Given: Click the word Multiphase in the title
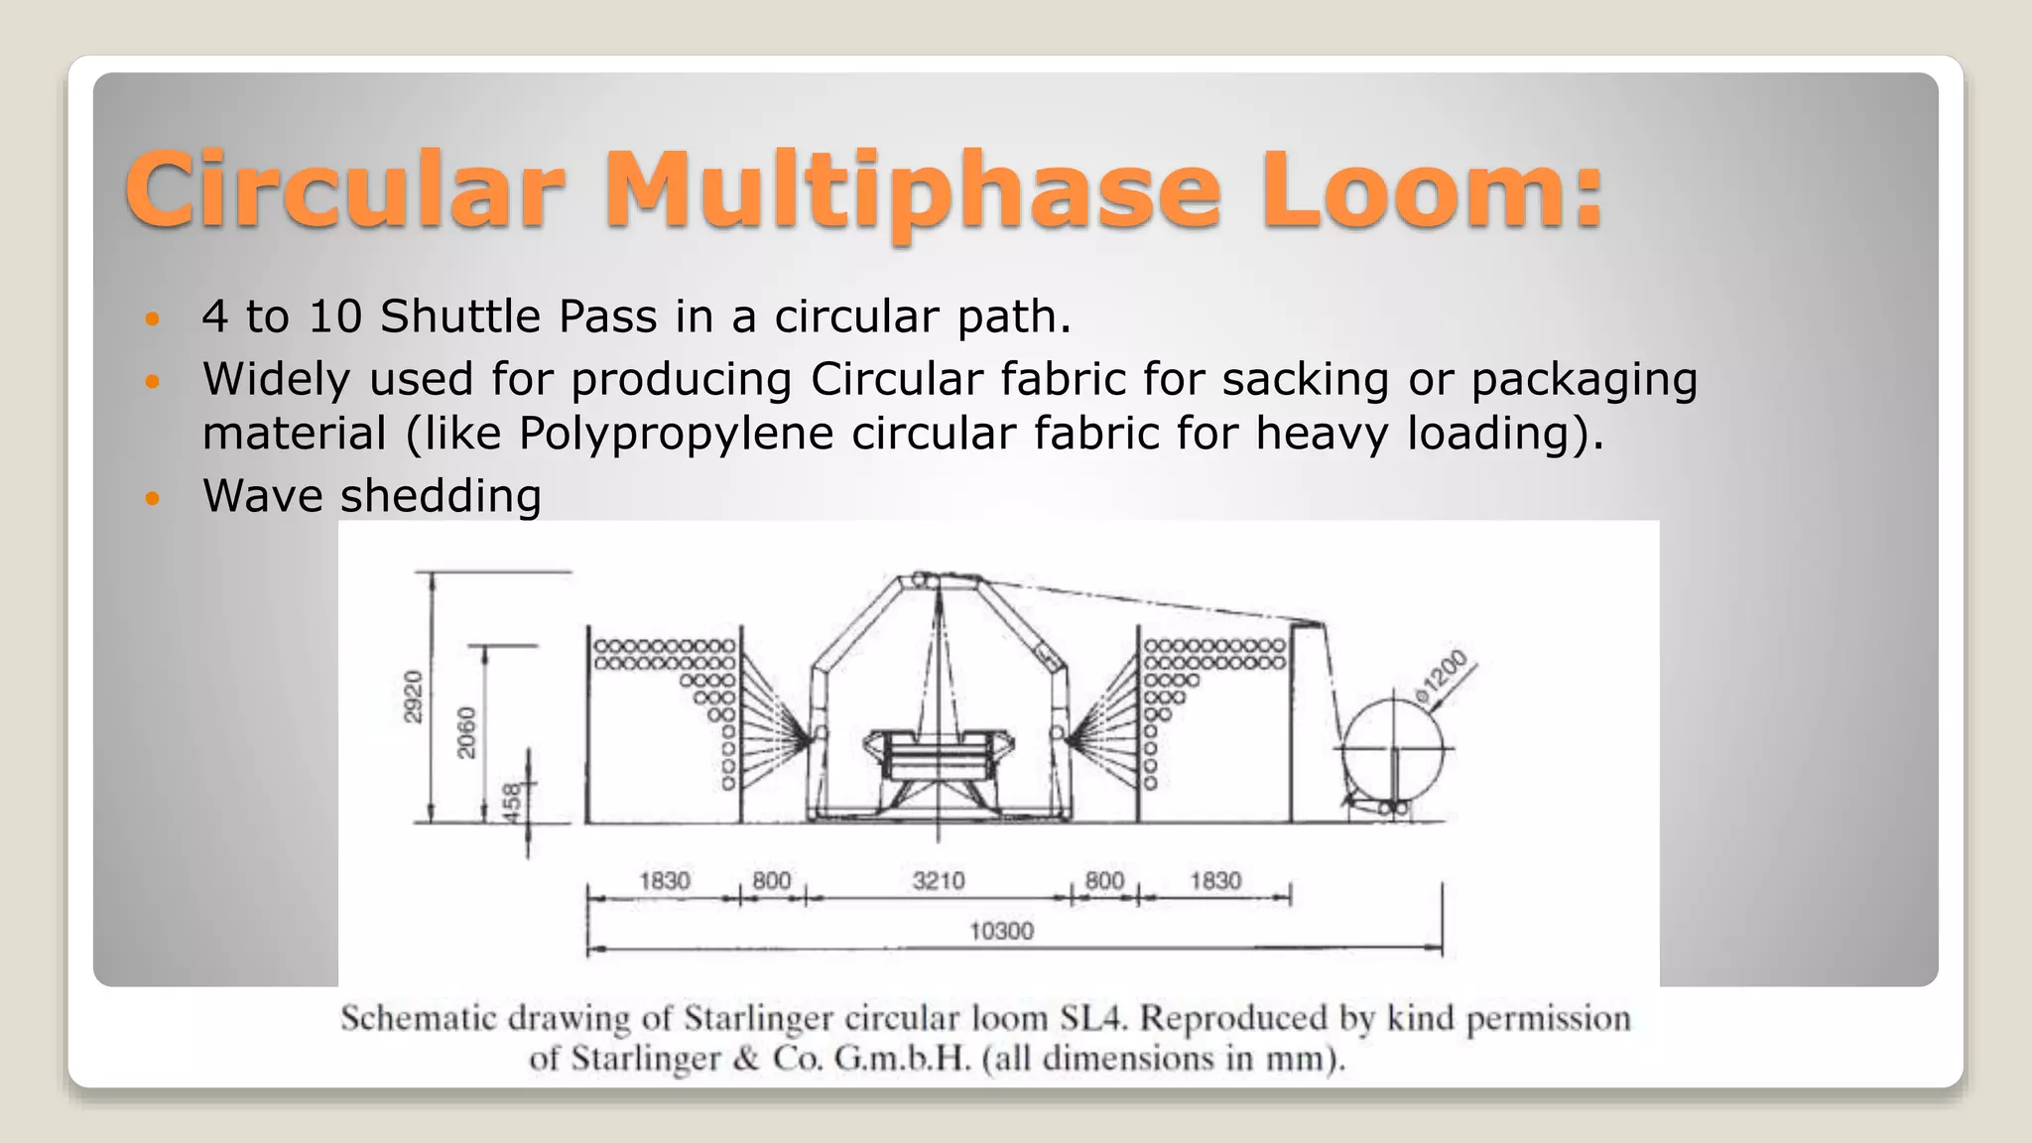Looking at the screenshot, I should click(x=911, y=190).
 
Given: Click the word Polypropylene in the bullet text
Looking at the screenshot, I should click(x=675, y=434).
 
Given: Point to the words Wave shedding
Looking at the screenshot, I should click(x=372, y=496).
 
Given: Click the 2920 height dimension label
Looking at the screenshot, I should click(x=413, y=697).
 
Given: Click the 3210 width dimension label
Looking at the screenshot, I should click(x=938, y=881).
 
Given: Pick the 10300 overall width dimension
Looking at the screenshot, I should click(x=1001, y=932).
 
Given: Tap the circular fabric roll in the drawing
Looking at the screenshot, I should click(x=1394, y=748).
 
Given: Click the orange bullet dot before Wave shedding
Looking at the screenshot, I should click(x=152, y=497).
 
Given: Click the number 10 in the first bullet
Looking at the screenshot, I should click(x=334, y=317).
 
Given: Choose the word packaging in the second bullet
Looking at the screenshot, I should click(x=1584, y=380).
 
